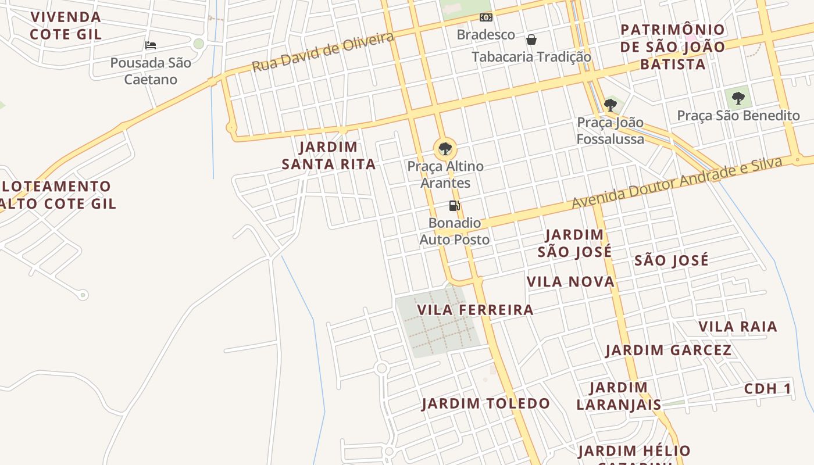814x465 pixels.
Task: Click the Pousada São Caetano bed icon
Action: tap(151, 45)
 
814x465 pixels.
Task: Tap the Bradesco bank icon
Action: tap(485, 18)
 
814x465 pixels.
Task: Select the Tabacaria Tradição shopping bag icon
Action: tap(531, 40)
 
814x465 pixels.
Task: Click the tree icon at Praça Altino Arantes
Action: tap(445, 149)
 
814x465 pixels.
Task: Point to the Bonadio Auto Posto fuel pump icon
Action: tap(454, 205)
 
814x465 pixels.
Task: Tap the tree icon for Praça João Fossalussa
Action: tap(610, 105)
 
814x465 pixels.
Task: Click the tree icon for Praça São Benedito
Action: tap(738, 98)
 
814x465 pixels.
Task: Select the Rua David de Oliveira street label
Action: tap(323, 52)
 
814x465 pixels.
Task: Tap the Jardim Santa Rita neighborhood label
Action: tap(329, 156)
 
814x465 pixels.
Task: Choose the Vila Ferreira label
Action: tap(475, 310)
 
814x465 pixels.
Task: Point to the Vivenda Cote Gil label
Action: tap(66, 26)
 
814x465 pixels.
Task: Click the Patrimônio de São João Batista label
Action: tap(673, 46)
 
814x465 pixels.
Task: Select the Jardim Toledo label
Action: tap(485, 403)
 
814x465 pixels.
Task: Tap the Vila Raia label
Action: tap(737, 327)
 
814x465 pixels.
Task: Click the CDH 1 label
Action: tap(767, 389)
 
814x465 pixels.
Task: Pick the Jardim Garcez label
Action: tap(668, 350)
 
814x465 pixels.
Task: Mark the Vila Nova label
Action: tap(570, 282)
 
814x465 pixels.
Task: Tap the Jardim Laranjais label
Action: tap(619, 396)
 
